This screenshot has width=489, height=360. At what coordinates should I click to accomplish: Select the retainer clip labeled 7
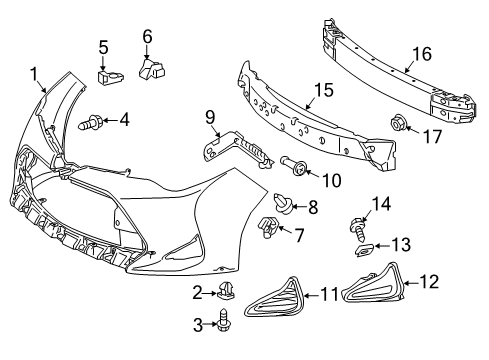[290, 163]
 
